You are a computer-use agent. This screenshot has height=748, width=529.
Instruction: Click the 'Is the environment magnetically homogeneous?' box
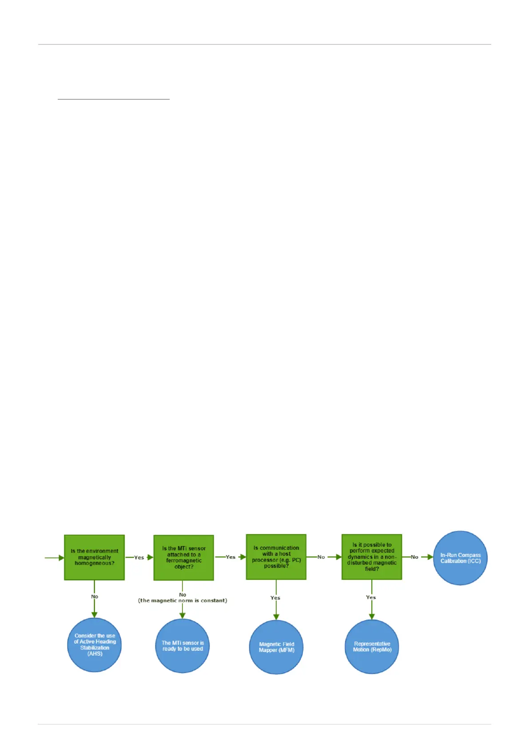coord(94,557)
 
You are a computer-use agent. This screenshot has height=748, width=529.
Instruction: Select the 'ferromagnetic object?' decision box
coord(183,557)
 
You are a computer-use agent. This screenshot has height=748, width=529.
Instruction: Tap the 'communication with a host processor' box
coord(276,557)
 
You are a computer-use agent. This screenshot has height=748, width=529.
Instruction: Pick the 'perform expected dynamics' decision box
coord(371,557)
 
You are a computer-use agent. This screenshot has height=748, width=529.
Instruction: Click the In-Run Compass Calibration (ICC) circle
coord(460,558)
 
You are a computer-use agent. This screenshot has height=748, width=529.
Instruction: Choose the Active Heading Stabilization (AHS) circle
coord(94,645)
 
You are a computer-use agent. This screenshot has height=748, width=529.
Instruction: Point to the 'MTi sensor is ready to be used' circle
coord(183,646)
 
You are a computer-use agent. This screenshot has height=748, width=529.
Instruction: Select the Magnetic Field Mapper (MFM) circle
coord(276,647)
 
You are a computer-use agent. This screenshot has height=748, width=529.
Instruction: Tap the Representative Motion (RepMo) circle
coord(372,647)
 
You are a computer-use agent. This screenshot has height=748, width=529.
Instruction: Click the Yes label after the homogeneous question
coord(139,557)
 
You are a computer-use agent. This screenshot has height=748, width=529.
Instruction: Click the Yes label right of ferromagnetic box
coord(231,557)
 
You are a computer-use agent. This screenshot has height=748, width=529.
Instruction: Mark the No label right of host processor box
coord(321,557)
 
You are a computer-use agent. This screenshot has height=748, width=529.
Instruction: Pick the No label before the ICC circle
coord(414,557)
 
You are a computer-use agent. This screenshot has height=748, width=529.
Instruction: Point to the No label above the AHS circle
coord(95,597)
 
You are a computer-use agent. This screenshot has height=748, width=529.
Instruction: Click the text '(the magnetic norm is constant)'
coord(183,601)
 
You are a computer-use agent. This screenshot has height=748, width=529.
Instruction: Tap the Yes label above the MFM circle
coord(275,598)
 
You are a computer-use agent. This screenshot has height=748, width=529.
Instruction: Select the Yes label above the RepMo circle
coord(371,597)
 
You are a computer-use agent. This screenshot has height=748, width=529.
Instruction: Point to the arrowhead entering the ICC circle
coord(430,557)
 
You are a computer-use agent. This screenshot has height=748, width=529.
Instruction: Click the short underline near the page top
coord(114,99)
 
